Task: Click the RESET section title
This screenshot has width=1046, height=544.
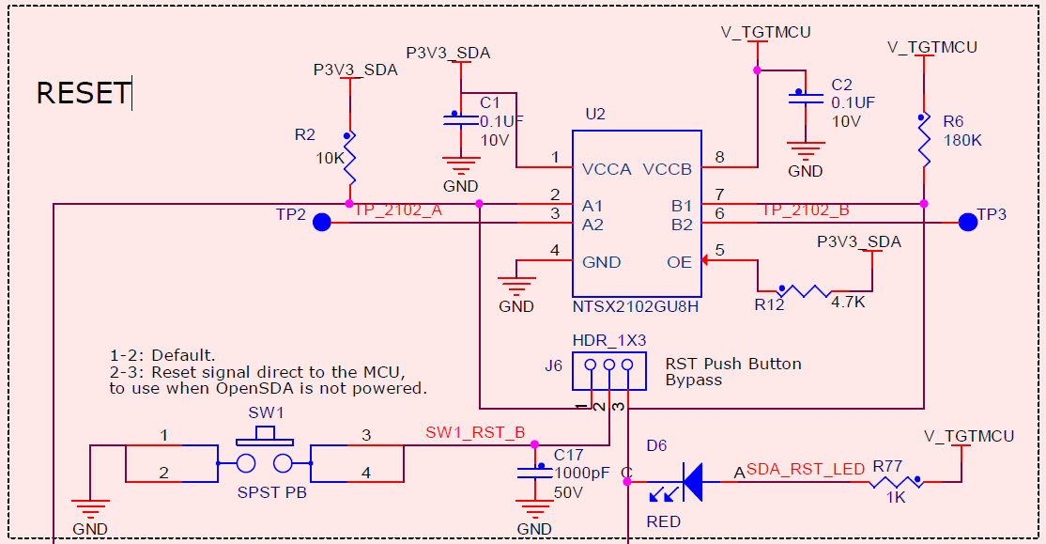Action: pos(83,93)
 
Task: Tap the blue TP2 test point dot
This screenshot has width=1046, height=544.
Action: pos(321,223)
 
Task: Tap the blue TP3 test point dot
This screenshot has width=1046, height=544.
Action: pos(967,223)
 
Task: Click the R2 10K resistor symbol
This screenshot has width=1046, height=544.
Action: pos(349,157)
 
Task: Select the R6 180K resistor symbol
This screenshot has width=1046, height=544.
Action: pos(924,141)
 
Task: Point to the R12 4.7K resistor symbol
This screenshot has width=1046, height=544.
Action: pos(805,291)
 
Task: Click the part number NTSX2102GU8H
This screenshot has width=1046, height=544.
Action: pos(636,306)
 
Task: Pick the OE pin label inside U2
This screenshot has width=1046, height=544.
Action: pos(679,262)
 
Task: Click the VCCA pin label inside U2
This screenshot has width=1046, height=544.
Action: pos(606,170)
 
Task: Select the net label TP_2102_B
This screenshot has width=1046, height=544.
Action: pos(805,210)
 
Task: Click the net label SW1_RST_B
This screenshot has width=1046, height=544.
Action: pos(475,433)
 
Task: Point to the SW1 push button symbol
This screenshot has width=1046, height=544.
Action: pos(264,460)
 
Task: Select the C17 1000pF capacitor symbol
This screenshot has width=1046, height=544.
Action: pos(535,472)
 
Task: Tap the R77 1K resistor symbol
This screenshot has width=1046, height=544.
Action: pos(894,483)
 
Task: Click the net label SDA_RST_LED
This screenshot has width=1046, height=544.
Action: pos(805,469)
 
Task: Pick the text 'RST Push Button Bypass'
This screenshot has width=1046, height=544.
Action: pos(732,371)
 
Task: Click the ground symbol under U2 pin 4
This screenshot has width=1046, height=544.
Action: pos(515,284)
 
